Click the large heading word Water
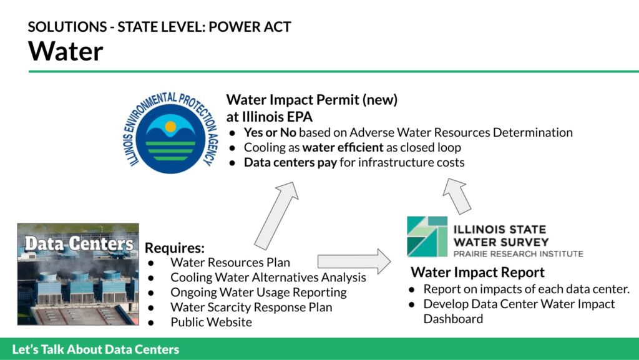[66, 51]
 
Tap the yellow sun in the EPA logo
[170, 127]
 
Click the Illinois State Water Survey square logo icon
[427, 236]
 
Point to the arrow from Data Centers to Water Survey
[354, 261]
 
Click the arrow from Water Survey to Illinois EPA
[456, 195]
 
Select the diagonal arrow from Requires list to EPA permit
[277, 215]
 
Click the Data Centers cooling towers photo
[78, 274]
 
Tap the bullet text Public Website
[211, 322]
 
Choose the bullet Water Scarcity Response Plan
[251, 307]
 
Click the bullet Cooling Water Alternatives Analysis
[268, 277]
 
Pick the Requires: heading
[175, 248]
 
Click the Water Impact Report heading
[477, 272]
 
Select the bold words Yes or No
[270, 132]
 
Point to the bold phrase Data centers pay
[290, 162]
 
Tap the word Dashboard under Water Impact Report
[453, 319]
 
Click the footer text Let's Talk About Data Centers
[95, 349]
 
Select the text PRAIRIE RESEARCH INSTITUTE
[519, 254]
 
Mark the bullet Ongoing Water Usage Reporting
[258, 293]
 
